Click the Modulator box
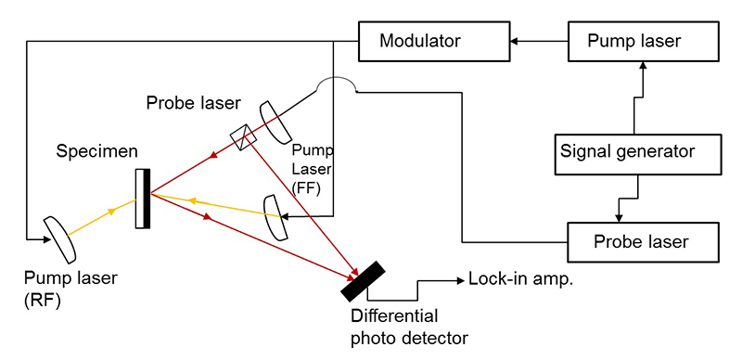pos(434,41)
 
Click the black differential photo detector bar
pos(363,281)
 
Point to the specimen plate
pos(143,199)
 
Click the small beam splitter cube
pos(243,137)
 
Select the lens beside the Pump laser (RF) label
pos(59,239)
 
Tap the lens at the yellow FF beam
pos(275,217)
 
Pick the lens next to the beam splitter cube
pos(276,122)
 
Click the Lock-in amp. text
pos(521,279)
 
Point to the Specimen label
pos(97,151)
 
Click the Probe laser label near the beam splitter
pos(194,102)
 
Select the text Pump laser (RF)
pos(71,289)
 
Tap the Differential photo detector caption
pos(409,327)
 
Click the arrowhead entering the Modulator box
pos(514,41)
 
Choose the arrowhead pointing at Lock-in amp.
pos(460,281)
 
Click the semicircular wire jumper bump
pos(337,84)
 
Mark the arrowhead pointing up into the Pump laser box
pos(643,65)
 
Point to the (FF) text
pos(307,188)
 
